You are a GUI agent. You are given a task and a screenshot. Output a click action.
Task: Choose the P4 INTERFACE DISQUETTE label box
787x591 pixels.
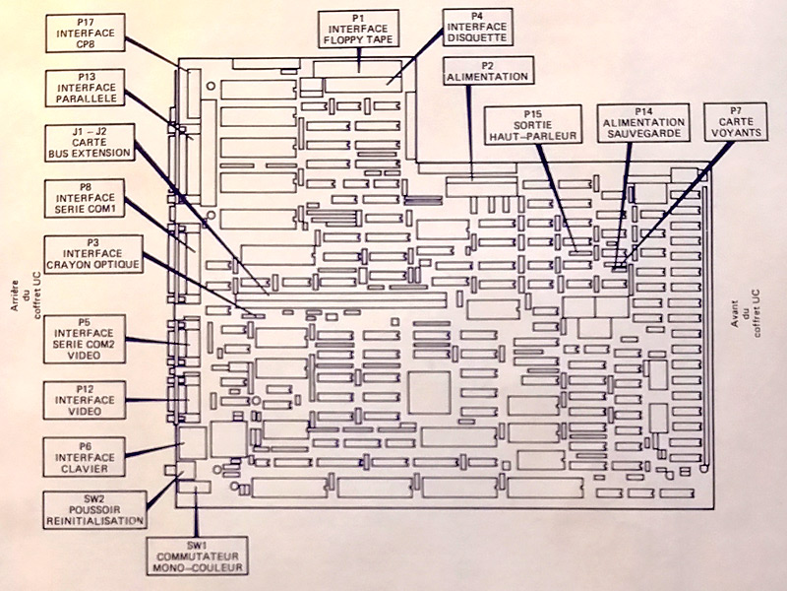click(x=476, y=28)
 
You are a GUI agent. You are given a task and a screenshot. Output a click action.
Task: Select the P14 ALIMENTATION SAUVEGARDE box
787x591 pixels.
click(x=643, y=125)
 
